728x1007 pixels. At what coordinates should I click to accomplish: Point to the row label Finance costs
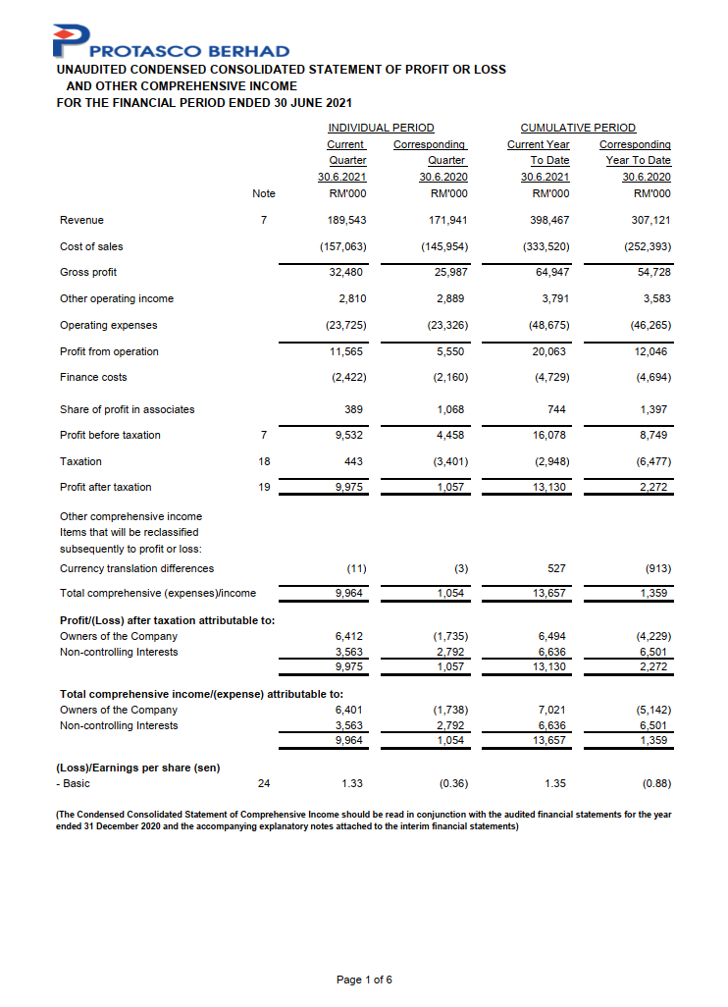[x=93, y=377]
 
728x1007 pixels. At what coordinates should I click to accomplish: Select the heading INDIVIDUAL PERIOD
[x=381, y=128]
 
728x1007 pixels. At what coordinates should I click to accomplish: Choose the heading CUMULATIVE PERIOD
[x=578, y=128]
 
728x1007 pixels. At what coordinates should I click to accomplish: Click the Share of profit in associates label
[x=128, y=409]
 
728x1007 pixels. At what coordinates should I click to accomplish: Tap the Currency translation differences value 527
[x=557, y=568]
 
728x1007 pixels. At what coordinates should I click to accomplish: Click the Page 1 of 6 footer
[x=364, y=980]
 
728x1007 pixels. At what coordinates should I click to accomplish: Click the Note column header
[x=264, y=193]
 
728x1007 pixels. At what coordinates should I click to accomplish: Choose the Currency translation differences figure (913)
[x=656, y=568]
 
